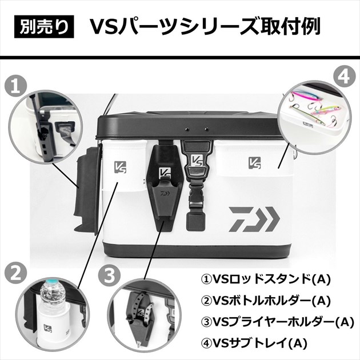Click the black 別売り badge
click(44, 27)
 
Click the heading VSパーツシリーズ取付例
click(205, 26)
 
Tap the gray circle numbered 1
click(15, 86)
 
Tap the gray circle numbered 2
click(15, 273)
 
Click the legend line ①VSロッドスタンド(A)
click(266, 279)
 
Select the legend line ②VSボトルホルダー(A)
click(266, 301)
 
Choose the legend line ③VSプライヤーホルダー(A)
click(278, 322)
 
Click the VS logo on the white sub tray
click(255, 163)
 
